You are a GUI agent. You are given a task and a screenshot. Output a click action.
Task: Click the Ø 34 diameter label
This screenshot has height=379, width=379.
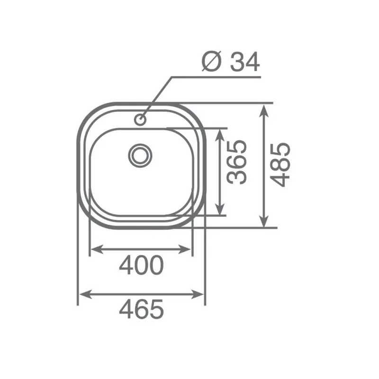231,62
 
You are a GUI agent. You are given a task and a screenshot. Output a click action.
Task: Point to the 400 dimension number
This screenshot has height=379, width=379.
141,265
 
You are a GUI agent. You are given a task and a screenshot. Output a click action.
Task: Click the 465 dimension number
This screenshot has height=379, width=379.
141,310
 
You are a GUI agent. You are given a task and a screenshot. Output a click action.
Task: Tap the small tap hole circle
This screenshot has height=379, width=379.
141,119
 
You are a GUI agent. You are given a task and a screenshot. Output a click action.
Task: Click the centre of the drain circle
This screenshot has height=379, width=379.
140,154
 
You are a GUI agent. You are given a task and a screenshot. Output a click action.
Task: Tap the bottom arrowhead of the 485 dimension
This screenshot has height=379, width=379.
264,223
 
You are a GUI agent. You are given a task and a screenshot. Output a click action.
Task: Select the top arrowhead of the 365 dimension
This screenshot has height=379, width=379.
219,133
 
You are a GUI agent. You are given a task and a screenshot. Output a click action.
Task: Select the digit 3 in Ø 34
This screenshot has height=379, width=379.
237,62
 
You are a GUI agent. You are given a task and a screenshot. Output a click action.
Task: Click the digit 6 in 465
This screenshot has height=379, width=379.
141,310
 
